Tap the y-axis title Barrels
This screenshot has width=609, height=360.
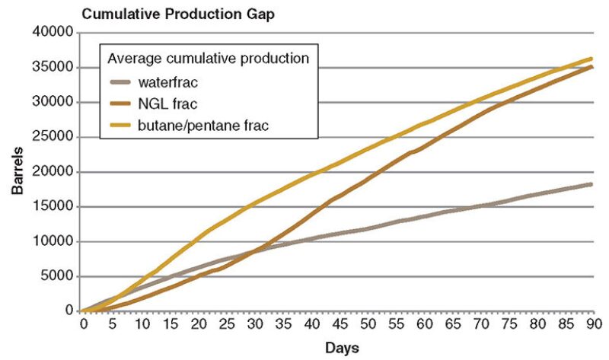point(16,172)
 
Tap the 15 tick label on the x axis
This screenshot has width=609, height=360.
point(167,323)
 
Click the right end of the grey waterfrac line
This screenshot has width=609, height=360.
point(592,184)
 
